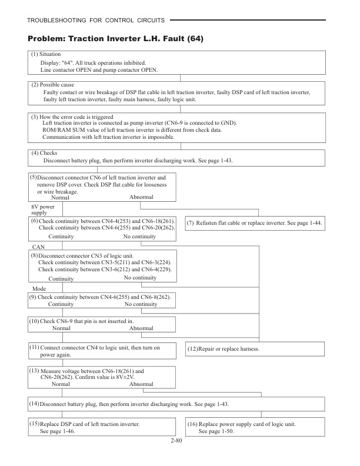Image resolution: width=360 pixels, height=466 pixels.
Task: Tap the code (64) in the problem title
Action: click(195, 39)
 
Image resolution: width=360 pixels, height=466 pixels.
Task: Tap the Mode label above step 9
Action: click(39, 289)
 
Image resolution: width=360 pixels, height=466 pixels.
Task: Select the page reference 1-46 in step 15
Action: click(66, 431)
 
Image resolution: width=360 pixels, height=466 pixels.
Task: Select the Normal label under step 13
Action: click(61, 384)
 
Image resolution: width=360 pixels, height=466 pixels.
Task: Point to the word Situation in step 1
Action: click(54, 54)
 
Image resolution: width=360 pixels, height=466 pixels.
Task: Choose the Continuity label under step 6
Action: click(61, 237)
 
